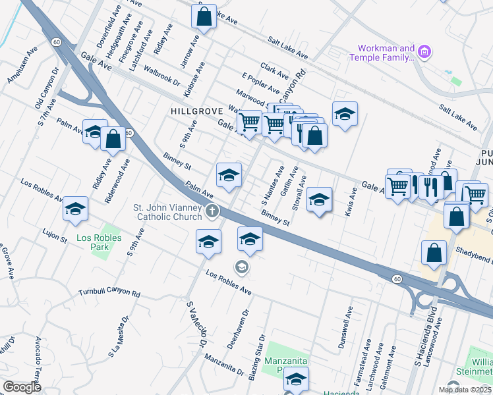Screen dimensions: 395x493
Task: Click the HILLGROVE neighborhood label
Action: (194, 111)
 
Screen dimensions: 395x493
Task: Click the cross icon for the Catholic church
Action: (212, 211)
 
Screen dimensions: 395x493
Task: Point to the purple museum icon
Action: (424, 51)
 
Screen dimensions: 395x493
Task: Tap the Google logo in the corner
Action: (22, 387)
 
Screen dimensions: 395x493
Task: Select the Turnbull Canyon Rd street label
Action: (109, 293)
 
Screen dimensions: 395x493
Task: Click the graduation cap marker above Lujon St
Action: (75, 209)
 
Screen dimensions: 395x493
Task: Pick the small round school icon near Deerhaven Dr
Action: (241, 266)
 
